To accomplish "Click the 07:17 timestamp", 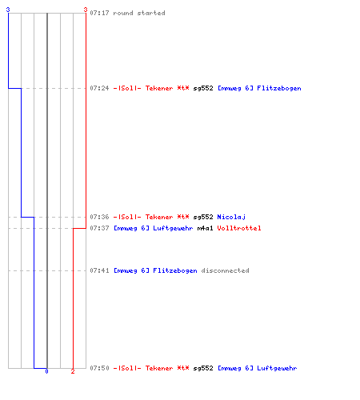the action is [x=99, y=13].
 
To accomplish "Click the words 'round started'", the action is [x=139, y=13].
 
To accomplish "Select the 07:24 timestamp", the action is [x=99, y=88].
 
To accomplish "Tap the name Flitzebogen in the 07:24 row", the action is [x=279, y=88].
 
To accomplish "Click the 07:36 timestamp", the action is [x=99, y=217].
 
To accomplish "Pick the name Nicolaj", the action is [x=231, y=217].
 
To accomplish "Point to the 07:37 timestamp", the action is [x=99, y=228].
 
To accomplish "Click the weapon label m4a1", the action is [x=205, y=228].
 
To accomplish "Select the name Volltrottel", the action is [x=239, y=228].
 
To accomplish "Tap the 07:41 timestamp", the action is [x=99, y=270].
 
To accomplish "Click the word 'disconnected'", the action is [x=225, y=270].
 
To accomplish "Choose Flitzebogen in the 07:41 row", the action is [x=175, y=270].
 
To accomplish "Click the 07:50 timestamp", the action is [x=99, y=368].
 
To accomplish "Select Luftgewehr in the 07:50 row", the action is [x=277, y=368].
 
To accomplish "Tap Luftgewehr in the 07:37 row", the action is [x=173, y=228].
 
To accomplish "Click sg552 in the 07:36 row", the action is [x=203, y=217].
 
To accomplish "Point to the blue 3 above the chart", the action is [x=8, y=10].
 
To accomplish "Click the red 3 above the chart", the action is [x=86, y=10].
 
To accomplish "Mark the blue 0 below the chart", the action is [x=46, y=371].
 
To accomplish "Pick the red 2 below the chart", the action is [x=73, y=371].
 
